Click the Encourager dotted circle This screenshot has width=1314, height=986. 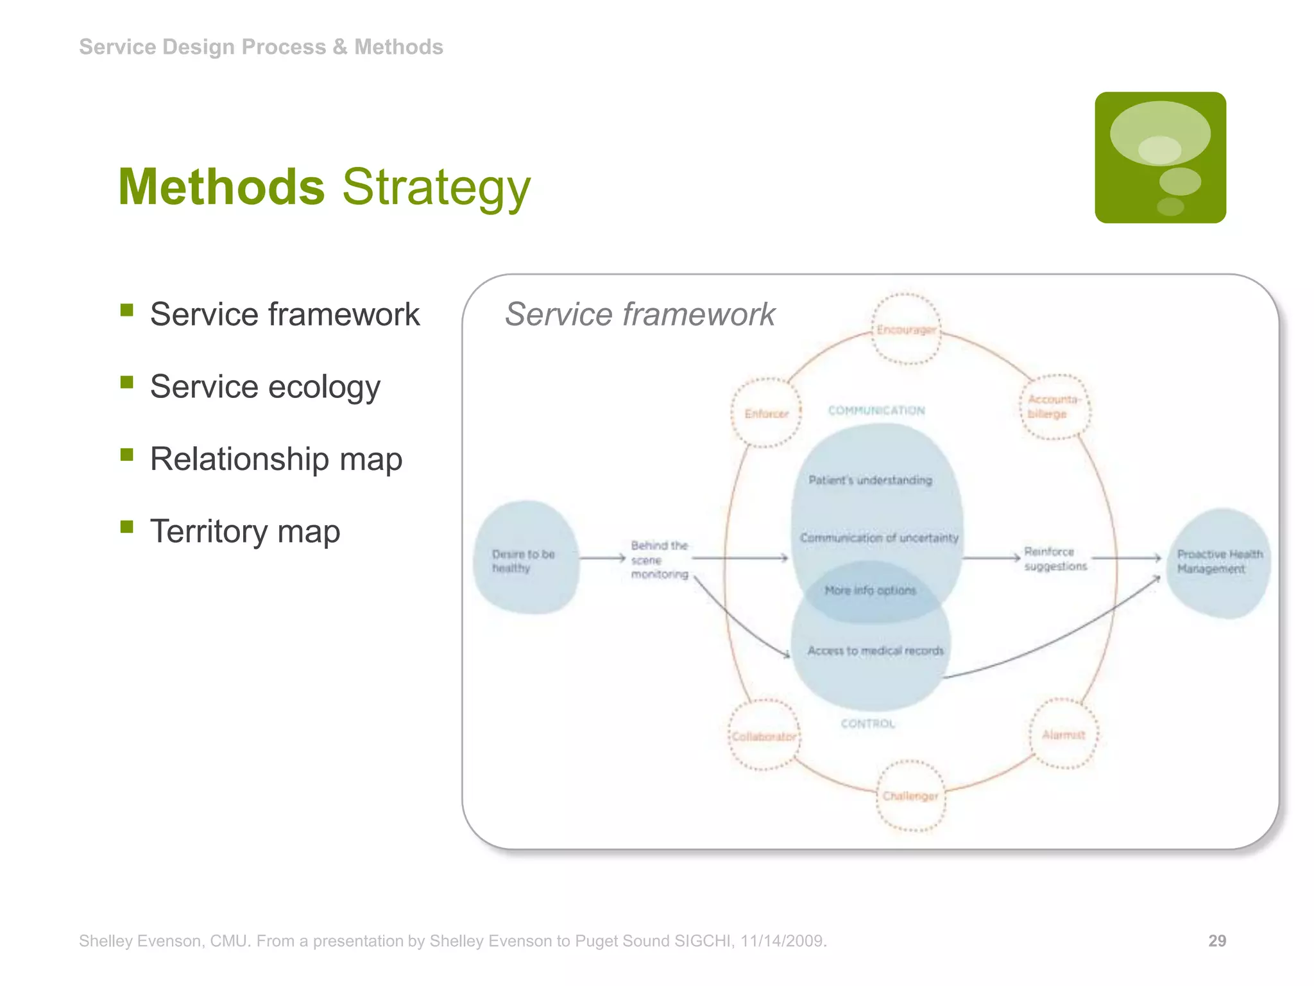(905, 329)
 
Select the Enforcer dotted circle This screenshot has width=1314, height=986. (766, 413)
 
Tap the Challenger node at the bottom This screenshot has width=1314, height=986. (910, 796)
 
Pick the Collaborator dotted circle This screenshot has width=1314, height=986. (764, 736)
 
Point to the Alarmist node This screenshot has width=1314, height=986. (1063, 734)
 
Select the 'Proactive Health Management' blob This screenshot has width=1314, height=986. (1218, 562)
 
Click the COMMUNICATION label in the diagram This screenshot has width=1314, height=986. (876, 410)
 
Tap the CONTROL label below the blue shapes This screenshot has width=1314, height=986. (867, 723)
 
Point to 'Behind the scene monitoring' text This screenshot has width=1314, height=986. (659, 560)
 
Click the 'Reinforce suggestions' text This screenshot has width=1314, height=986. (1055, 558)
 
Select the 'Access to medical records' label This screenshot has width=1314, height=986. (875, 651)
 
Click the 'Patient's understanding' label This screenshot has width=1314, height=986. (870, 480)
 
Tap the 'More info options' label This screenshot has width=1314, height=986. (870, 590)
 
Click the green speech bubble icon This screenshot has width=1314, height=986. (1160, 157)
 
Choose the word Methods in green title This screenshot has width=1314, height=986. (221, 187)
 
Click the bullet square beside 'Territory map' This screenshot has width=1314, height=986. (126, 527)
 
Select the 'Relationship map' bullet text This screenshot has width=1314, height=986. (276, 459)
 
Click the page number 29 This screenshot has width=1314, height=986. (1216, 940)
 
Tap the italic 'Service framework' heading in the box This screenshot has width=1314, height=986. (640, 315)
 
